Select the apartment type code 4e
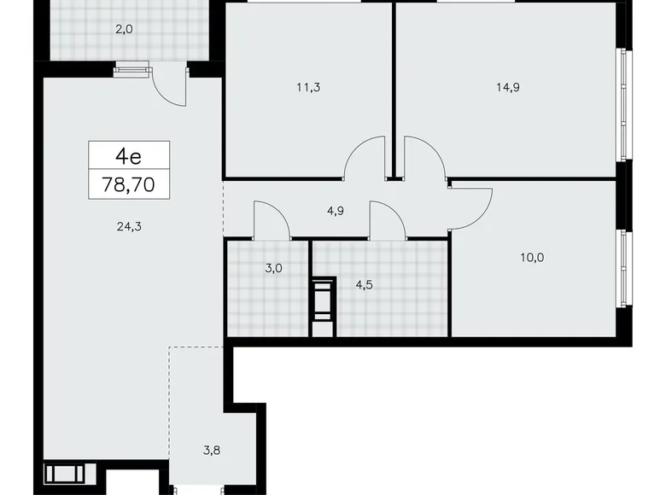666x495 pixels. tap(129, 156)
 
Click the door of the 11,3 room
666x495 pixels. tap(363, 157)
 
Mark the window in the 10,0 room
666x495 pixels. tap(625, 269)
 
